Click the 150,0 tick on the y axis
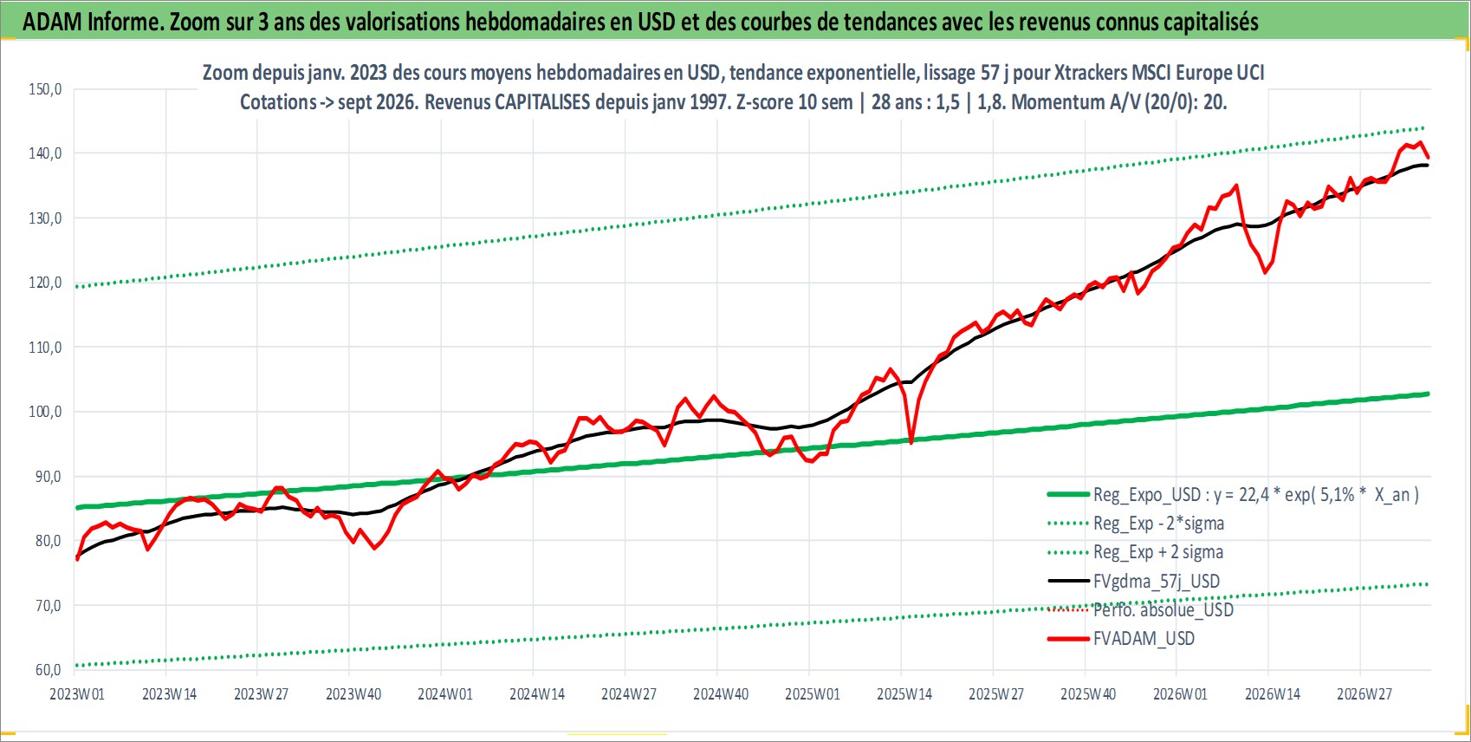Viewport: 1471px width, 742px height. [45, 89]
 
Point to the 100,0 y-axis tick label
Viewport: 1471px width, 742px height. [45, 412]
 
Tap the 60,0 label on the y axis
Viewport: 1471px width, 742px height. [45, 670]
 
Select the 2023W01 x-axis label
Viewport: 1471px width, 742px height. [77, 694]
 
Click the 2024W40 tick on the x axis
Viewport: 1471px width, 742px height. [721, 694]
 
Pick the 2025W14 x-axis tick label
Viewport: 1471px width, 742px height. [904, 694]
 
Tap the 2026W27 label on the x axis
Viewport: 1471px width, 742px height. [1364, 694]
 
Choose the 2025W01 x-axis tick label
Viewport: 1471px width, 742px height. [813, 694]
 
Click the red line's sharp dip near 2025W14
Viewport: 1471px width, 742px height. [911, 442]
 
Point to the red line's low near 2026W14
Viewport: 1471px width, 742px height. [1265, 272]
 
